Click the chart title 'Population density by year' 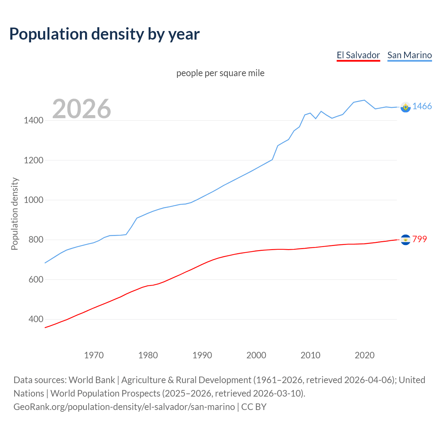pyautogui.click(x=104, y=34)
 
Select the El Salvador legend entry pyautogui.click(x=358, y=55)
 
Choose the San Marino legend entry pyautogui.click(x=409, y=55)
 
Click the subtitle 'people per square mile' pyautogui.click(x=220, y=73)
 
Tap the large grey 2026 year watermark pyautogui.click(x=82, y=109)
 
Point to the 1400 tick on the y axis pyautogui.click(x=33, y=121)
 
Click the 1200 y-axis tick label pyautogui.click(x=33, y=160)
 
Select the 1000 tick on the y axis pyautogui.click(x=33, y=200)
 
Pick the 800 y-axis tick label pyautogui.click(x=36, y=240)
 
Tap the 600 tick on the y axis pyautogui.click(x=36, y=279)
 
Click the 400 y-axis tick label pyautogui.click(x=36, y=319)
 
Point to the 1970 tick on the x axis pyautogui.click(x=94, y=355)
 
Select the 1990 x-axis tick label pyautogui.click(x=202, y=355)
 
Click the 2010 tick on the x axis pyautogui.click(x=310, y=355)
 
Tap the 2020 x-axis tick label pyautogui.click(x=365, y=355)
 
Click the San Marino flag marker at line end pyautogui.click(x=406, y=107)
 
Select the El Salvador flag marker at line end pyautogui.click(x=406, y=239)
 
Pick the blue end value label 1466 pyautogui.click(x=422, y=106)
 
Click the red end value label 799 pyautogui.click(x=420, y=239)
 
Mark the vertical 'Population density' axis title pyautogui.click(x=14, y=214)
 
